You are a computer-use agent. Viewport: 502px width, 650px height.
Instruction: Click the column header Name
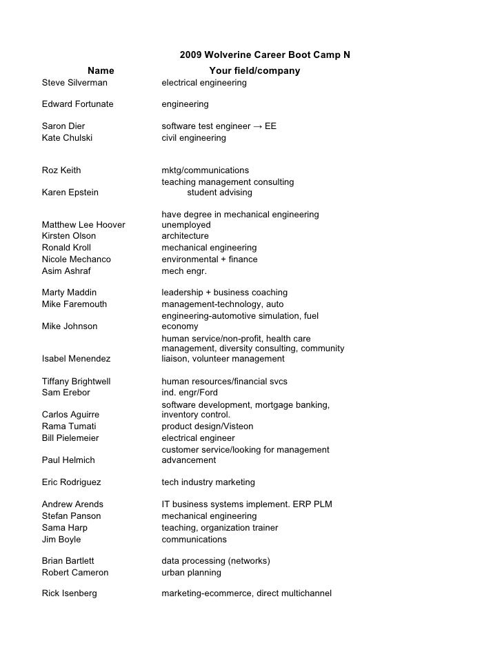pyautogui.click(x=101, y=70)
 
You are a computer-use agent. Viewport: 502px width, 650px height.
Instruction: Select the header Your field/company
pyautogui.click(x=254, y=70)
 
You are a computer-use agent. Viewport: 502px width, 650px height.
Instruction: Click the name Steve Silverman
pyautogui.click(x=74, y=83)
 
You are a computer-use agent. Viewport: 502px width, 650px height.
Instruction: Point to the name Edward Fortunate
pyautogui.click(x=77, y=104)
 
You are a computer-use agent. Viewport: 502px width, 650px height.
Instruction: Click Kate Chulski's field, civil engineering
pyautogui.click(x=193, y=138)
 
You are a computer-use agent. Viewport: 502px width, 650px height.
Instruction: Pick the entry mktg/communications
pyautogui.click(x=205, y=170)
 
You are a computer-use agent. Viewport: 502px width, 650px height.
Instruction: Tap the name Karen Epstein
pyautogui.click(x=70, y=193)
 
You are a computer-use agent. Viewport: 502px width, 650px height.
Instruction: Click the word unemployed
pyautogui.click(x=185, y=225)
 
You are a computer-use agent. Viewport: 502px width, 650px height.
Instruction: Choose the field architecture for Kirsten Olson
pyautogui.click(x=185, y=236)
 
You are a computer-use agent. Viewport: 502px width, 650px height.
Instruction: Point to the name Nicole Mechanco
pyautogui.click(x=76, y=259)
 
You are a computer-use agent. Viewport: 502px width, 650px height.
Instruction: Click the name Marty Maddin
pyautogui.click(x=69, y=293)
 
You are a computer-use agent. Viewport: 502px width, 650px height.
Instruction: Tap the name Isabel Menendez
pyautogui.click(x=76, y=359)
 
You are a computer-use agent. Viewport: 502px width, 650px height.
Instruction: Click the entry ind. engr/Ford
pyautogui.click(x=189, y=393)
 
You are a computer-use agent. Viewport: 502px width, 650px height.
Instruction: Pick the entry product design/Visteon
pyautogui.click(x=207, y=426)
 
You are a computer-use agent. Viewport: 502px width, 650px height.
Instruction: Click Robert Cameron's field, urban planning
pyautogui.click(x=191, y=573)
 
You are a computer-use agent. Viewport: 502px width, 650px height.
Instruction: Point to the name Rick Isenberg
pyautogui.click(x=69, y=593)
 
